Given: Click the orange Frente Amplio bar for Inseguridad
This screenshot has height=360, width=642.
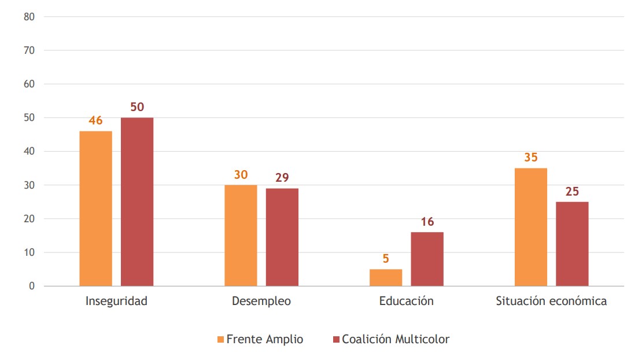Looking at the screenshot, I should [95, 208].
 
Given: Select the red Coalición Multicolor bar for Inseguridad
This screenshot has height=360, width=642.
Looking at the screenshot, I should [137, 201].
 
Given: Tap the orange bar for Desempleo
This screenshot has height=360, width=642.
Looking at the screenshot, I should [241, 235].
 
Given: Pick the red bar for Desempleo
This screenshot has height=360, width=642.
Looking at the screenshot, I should [282, 237].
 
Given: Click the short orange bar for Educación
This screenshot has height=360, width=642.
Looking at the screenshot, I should [386, 277].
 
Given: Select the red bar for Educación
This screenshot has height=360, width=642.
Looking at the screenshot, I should [427, 259].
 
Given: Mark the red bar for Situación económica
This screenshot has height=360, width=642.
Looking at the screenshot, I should [572, 244].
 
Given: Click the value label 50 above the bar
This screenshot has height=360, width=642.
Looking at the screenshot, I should [137, 107].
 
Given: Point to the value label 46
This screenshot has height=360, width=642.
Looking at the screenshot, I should [95, 120].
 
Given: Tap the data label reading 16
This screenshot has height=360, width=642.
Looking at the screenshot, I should [427, 222].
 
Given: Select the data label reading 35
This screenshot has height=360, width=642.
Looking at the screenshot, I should [531, 157].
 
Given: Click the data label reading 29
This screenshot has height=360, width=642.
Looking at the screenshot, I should [282, 178].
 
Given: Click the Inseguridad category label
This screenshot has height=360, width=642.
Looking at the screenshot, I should [116, 302].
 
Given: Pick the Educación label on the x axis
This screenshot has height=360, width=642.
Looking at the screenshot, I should [406, 302].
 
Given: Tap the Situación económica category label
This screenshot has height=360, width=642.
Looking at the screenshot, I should [551, 302].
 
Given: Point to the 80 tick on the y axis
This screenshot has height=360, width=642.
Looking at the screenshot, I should [29, 17].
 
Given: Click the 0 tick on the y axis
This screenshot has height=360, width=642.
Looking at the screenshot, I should [32, 286].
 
